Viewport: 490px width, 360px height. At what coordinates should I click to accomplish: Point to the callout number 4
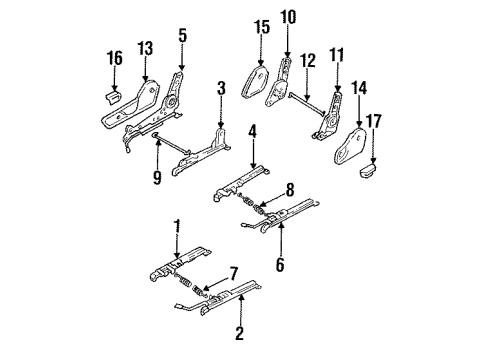coord(253,132)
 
